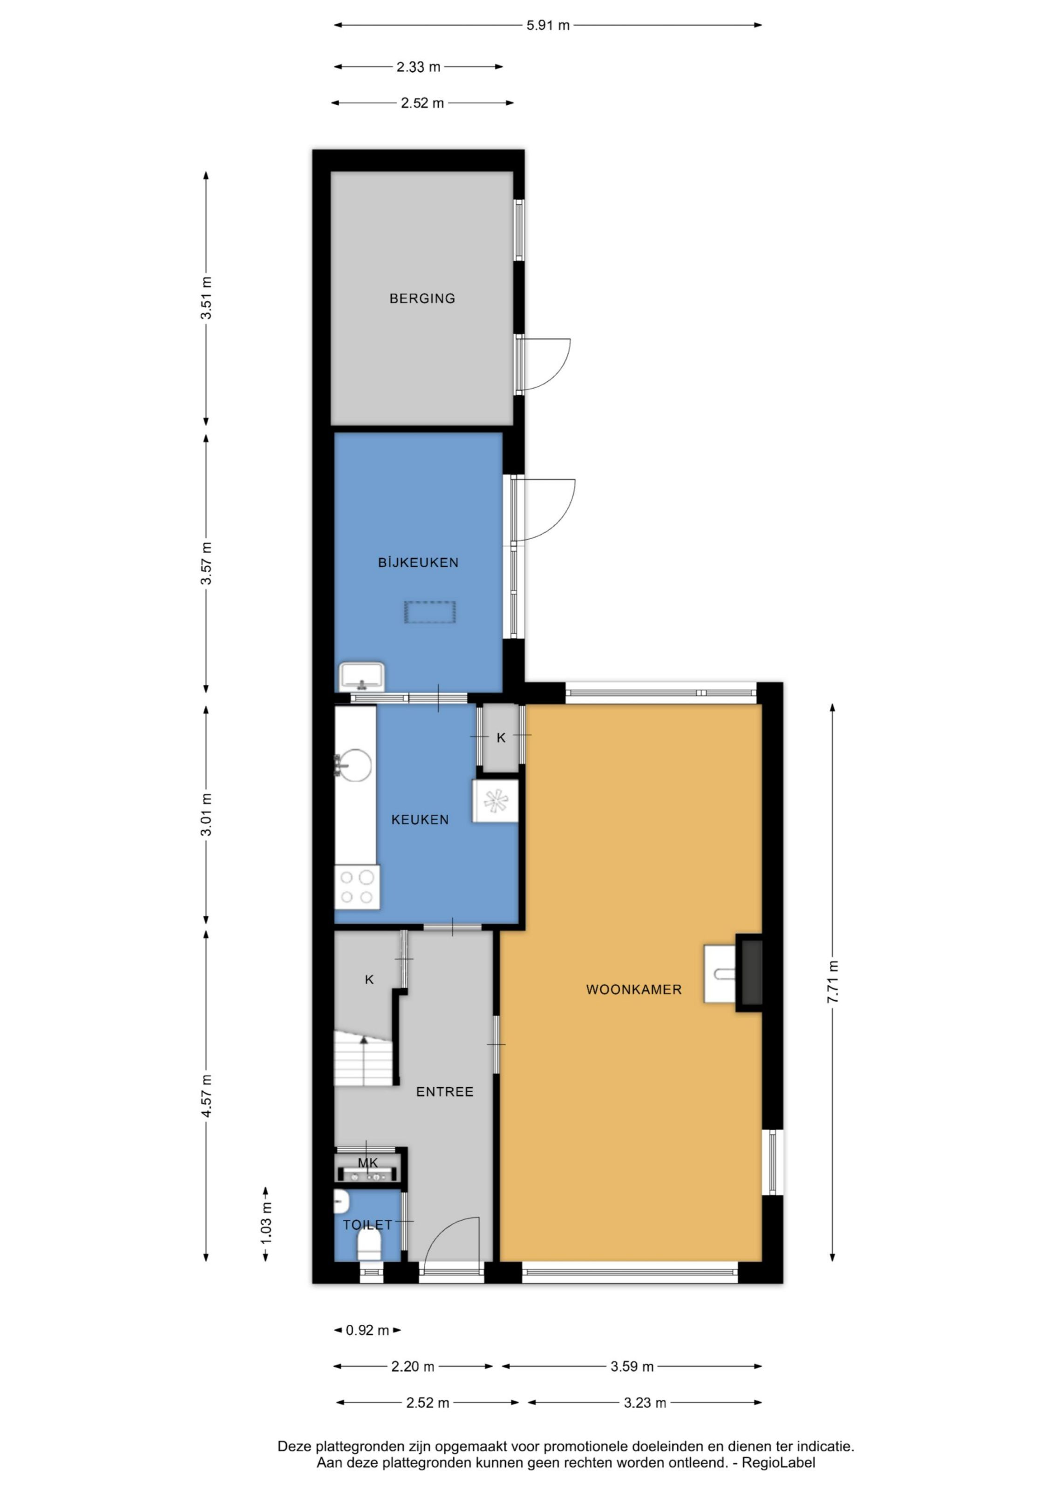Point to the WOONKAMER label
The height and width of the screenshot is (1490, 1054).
634,989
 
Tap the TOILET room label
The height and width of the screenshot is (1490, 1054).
367,1225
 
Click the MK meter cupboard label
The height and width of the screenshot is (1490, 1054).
367,1163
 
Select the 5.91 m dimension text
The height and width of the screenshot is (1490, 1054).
548,25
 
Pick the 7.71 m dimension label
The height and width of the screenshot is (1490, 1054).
833,982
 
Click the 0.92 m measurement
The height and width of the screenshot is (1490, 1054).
367,1330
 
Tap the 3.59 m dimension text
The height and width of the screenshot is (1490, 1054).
632,1367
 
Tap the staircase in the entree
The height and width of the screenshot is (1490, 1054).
363,1058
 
